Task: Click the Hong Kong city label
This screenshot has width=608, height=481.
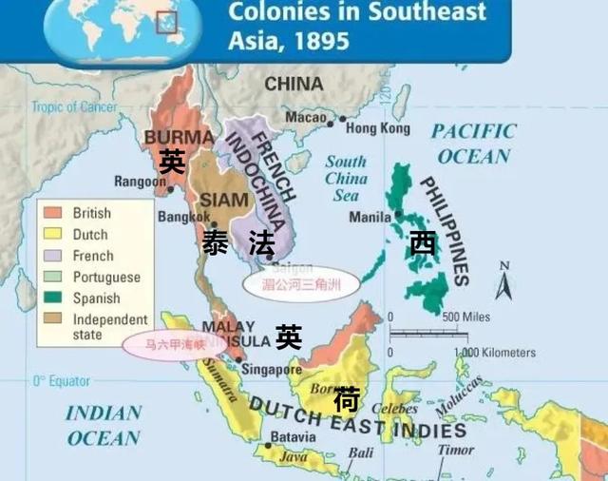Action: pyautogui.click(x=374, y=127)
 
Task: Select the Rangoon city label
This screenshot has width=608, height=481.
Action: pyautogui.click(x=140, y=181)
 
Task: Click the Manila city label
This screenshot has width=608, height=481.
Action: pyautogui.click(x=370, y=217)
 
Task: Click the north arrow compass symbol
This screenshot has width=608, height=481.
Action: pyautogui.click(x=503, y=282)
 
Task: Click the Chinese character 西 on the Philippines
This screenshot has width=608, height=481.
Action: pyautogui.click(x=422, y=243)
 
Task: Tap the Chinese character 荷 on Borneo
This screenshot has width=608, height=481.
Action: pyautogui.click(x=346, y=401)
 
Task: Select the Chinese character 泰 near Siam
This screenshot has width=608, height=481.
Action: pyautogui.click(x=215, y=243)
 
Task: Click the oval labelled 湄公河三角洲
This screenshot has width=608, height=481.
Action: pyautogui.click(x=300, y=282)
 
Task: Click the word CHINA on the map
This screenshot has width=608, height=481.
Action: pyautogui.click(x=294, y=85)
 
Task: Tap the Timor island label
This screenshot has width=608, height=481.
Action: pyautogui.click(x=455, y=451)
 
